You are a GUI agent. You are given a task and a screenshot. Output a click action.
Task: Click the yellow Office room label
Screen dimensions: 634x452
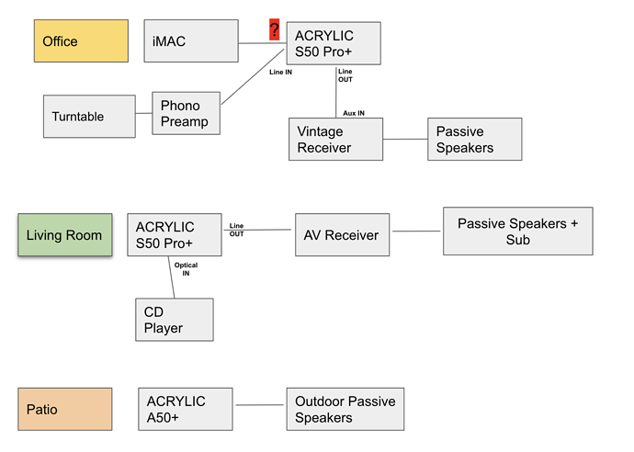[x=81, y=40]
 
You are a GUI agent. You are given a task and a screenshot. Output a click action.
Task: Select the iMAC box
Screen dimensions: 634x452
[x=191, y=40]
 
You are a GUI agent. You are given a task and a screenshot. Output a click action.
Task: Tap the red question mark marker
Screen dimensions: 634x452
[x=275, y=29]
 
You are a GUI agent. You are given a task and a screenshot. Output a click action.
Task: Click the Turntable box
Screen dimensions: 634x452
[x=89, y=117]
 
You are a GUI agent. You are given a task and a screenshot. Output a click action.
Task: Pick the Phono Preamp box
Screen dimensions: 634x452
[x=186, y=113]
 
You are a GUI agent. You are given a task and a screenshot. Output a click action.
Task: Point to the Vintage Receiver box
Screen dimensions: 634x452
[x=335, y=139]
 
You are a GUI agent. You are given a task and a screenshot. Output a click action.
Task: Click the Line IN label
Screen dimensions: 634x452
[x=280, y=72]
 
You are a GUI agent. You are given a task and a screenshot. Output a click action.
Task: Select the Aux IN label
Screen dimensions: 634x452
[x=354, y=113]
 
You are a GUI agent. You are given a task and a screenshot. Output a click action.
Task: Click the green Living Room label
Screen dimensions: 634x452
[x=65, y=235]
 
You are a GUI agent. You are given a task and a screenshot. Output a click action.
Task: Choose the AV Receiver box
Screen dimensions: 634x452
[x=343, y=235]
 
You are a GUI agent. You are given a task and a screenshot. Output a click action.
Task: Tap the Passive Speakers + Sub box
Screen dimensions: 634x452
[x=518, y=232]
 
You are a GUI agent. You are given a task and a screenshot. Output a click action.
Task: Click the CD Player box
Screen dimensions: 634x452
[x=175, y=320]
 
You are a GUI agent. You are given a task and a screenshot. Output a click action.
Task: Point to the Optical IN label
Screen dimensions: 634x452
[x=186, y=269]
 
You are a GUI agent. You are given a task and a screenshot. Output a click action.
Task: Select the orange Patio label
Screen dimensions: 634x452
[x=65, y=409]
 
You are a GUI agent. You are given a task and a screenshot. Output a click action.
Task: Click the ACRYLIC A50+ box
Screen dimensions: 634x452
[x=186, y=409]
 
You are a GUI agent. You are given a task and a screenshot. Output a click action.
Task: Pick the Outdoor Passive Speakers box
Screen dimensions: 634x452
[x=345, y=409]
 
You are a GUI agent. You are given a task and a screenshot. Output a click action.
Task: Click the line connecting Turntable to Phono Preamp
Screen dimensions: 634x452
[x=144, y=113]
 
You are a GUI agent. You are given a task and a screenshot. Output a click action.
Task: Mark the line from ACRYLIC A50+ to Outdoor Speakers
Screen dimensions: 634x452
[x=260, y=405]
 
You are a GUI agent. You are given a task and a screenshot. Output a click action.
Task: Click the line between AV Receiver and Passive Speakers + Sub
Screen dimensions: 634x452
[x=416, y=232]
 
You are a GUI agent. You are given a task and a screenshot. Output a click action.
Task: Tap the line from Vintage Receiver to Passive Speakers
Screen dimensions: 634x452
[x=405, y=139]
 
